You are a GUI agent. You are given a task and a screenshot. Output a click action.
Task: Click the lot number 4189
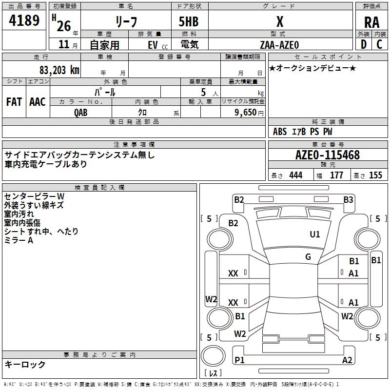coord(24,20)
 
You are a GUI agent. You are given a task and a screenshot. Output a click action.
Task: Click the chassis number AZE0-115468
coord(328,155)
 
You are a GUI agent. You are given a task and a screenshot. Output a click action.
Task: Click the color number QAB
coord(81,112)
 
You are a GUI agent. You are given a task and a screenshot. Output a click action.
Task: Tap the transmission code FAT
coord(14,101)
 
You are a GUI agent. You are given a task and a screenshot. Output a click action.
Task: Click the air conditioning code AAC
coord(38,101)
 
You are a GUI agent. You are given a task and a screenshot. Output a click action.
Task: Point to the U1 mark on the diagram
coord(315,234)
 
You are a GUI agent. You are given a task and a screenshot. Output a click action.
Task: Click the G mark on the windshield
coord(308,257)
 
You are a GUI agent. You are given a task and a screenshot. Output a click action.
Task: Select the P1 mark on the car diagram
coord(239,360)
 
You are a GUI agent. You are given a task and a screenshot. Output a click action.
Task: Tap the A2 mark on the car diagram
coord(347,360)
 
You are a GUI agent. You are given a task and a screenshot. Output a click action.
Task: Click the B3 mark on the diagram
coord(348,199)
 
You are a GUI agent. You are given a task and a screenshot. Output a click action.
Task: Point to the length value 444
coord(295,175)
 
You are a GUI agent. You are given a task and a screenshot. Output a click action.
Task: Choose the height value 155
coord(375,175)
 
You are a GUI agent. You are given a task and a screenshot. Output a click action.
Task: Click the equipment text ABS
coord(280,131)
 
